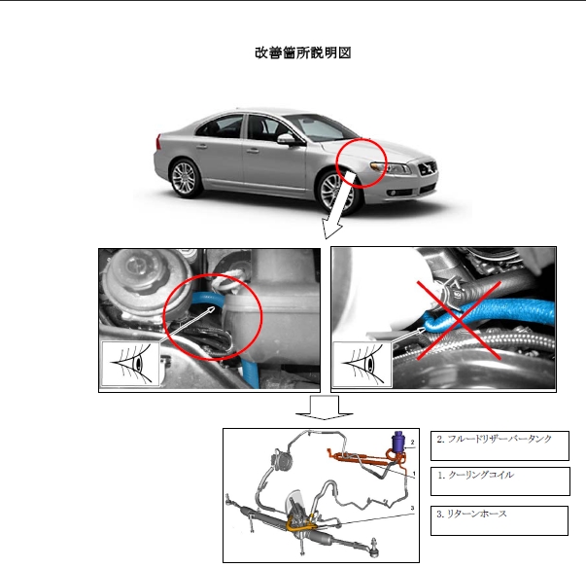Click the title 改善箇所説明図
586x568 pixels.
302,53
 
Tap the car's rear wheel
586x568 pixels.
184,178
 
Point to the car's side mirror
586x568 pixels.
287,139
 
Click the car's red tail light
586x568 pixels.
158,142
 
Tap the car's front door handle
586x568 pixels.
253,151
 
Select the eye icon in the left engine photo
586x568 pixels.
131,364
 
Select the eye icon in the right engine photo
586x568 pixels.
362,364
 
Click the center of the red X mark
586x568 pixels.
459,320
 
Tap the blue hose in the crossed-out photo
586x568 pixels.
487,315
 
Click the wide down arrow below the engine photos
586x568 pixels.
324,408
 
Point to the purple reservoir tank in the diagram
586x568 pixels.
397,442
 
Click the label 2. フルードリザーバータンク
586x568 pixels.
494,439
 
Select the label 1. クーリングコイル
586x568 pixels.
476,475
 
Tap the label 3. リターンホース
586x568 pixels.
471,514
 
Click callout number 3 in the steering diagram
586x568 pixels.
412,508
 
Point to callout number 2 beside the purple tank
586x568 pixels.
413,442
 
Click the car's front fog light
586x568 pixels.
394,193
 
